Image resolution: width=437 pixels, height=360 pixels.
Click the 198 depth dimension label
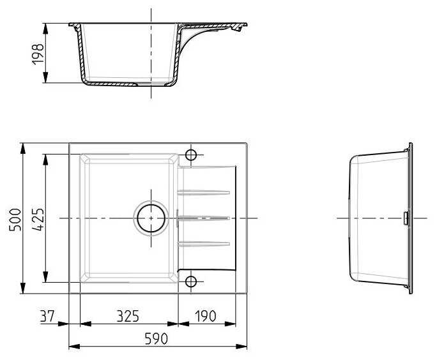38,54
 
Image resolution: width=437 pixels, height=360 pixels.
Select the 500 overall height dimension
15,220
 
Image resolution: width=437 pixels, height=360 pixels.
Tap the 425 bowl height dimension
37,220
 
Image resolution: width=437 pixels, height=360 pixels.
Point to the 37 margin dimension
47,316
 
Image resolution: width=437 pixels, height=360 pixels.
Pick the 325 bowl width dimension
128,316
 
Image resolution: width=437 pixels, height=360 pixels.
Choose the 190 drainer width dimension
205,316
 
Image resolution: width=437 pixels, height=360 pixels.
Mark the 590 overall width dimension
157,338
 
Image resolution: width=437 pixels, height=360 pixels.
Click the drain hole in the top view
151,218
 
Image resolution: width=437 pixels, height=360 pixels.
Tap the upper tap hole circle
191,155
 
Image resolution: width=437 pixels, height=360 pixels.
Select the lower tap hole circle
191,281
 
